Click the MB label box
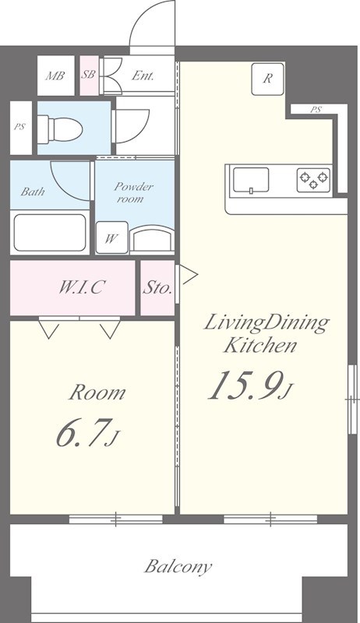pos(55,76)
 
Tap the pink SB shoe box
pos(89,76)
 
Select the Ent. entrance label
pos(143,76)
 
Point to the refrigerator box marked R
pos(268,79)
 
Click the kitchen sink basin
pos(251,180)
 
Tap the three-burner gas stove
pos(313,180)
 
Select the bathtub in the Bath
pos(50,232)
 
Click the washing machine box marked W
pos(111,238)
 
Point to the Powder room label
pos(133,192)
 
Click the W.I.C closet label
pos(82,287)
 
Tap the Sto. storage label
pos(157,287)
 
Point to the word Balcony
pos(178,567)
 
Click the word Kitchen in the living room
pos(260,345)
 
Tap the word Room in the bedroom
pos(97,393)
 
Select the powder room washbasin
pos(152,238)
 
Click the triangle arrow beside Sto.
pos(189,275)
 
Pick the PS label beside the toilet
pos(19,127)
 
